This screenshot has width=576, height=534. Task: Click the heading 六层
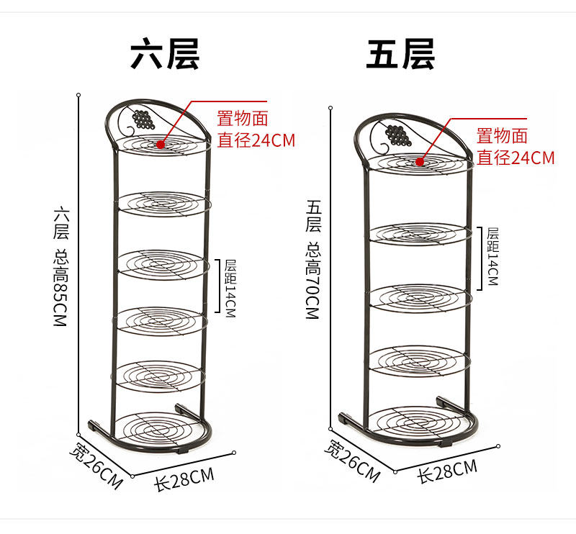click(x=164, y=54)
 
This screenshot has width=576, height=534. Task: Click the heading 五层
click(x=400, y=54)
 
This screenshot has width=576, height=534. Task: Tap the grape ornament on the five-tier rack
click(x=395, y=134)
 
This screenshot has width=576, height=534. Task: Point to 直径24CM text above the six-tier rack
click(x=256, y=140)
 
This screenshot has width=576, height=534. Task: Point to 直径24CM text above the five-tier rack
click(x=516, y=157)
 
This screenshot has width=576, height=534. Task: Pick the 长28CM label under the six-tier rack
click(x=184, y=477)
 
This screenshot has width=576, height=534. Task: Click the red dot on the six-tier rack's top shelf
click(x=159, y=144)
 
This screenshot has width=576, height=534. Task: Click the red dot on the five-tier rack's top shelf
click(x=419, y=161)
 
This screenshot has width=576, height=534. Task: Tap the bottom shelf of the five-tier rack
click(x=418, y=423)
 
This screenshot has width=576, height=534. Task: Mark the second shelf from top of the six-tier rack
click(x=163, y=203)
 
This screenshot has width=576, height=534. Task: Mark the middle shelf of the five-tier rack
click(x=420, y=297)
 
